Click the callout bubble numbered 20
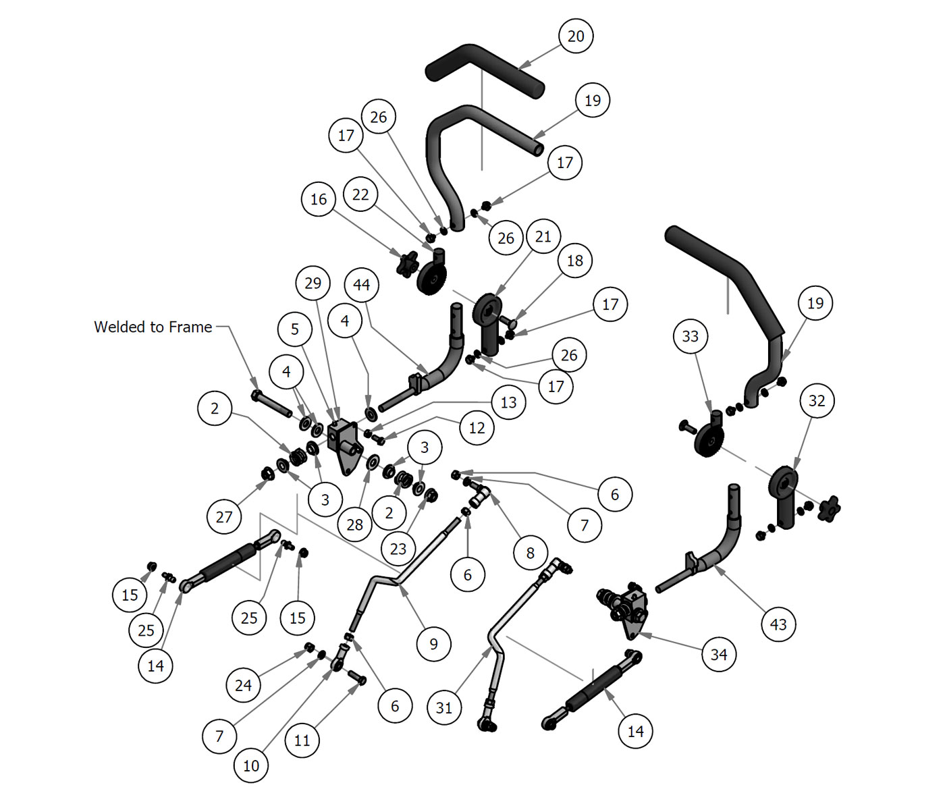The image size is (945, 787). coord(576,36)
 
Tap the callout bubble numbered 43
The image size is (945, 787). coord(778,624)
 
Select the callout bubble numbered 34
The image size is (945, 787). coord(719,654)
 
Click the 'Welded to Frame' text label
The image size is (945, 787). coord(153,327)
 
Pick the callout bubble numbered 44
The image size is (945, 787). coord(361,285)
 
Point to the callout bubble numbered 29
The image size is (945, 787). coord(313,283)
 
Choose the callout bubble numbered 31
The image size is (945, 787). coord(443,707)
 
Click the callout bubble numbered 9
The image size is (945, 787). coord(433,644)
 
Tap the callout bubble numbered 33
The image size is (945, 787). coord(690,336)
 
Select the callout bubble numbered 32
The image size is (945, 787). coord(817,401)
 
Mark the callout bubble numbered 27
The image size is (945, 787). coord(224,517)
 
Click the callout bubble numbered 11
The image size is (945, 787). coord(302,740)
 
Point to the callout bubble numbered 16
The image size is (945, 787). coord(319,199)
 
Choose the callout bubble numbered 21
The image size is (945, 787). coord(543,236)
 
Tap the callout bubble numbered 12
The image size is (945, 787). coord(477,428)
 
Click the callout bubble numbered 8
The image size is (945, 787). coord(530,553)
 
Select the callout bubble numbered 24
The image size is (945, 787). coord(243,686)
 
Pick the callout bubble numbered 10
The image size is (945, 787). coord(250,765)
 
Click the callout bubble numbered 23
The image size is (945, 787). coord(398,549)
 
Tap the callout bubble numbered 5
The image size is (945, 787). coord(295,329)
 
